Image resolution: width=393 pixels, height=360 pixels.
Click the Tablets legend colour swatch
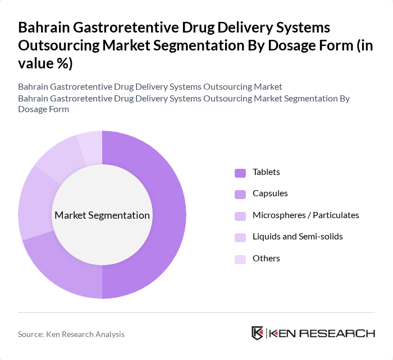click(240, 173)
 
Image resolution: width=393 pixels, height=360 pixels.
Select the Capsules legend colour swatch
click(240, 194)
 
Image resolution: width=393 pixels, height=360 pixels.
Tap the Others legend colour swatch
click(240, 259)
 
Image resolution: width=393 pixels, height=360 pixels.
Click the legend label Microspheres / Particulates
click(306, 215)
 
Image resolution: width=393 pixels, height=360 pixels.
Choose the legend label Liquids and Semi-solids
click(298, 237)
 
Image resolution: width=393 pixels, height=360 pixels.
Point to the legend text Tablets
click(266, 172)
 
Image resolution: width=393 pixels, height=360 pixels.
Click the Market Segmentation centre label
click(102, 215)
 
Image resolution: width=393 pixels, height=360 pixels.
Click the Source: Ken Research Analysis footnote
click(71, 334)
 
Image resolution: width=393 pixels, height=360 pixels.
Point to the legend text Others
click(266, 259)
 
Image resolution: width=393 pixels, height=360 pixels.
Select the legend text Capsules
click(270, 193)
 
